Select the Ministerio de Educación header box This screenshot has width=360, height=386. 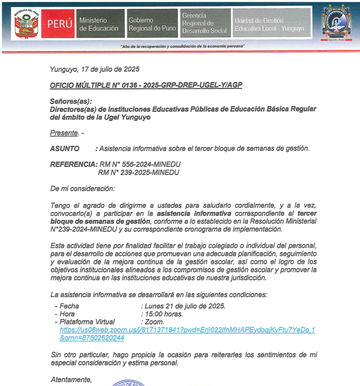99,24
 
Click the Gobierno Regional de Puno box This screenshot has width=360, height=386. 152,24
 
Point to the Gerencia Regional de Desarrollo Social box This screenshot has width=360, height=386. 205,23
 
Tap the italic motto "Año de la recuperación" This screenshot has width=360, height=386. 183,46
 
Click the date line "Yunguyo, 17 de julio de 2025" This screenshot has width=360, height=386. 94,69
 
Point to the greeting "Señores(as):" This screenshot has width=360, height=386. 71,101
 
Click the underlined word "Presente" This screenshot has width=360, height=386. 64,133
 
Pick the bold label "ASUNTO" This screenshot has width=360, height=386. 65,149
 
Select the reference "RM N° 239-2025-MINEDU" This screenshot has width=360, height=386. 139,172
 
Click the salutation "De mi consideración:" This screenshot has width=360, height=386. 82,189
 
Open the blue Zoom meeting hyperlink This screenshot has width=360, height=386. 187,330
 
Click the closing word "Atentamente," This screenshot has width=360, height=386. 71,379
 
